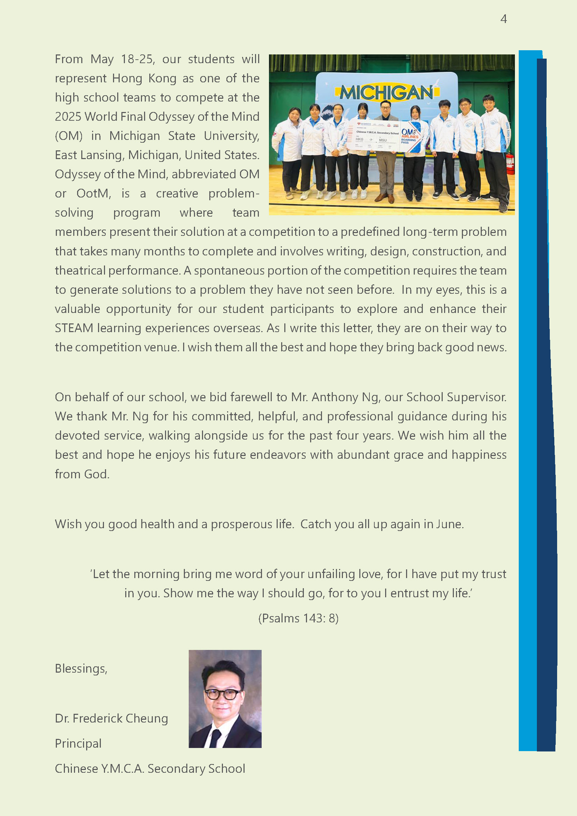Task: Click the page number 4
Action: point(503,19)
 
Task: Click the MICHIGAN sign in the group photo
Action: point(387,93)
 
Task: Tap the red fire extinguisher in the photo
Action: point(510,163)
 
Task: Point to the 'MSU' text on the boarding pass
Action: point(383,140)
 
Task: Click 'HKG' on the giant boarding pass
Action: point(360,139)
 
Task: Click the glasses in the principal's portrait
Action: point(222,694)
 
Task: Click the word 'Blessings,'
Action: point(81,668)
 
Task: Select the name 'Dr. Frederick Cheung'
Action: point(111,718)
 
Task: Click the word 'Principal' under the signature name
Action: point(78,743)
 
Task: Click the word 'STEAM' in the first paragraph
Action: point(74,328)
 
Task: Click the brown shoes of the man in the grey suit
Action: point(385,197)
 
